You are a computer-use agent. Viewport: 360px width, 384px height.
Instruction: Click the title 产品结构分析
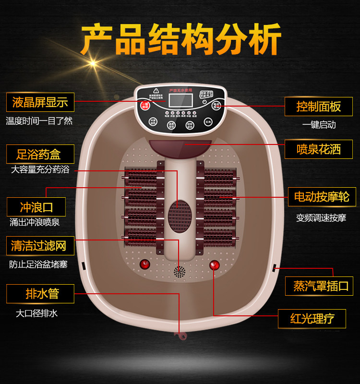pos(180,39)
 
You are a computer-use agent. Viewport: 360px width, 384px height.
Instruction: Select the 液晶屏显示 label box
pos(40,102)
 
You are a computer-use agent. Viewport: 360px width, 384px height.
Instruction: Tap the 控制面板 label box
pos(318,107)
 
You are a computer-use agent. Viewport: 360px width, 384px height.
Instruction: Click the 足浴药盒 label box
pos(40,155)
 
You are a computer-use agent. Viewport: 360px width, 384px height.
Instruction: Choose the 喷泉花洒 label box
pos(318,149)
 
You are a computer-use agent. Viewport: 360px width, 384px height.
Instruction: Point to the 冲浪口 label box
pos(36,207)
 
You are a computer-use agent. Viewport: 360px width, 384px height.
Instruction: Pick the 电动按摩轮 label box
pos(322,197)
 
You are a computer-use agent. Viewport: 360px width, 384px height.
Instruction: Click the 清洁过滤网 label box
pos(40,246)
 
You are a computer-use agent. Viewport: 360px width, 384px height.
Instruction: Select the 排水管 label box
pos(40,294)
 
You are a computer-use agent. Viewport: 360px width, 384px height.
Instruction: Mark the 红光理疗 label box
pos(312,319)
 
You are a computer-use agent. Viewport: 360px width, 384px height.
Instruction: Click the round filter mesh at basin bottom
pos(180,272)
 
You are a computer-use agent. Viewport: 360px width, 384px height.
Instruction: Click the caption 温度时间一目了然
pos(39,121)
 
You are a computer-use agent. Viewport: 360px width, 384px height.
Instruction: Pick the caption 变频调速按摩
pos(321,217)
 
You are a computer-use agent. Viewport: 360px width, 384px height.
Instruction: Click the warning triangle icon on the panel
pos(156,90)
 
